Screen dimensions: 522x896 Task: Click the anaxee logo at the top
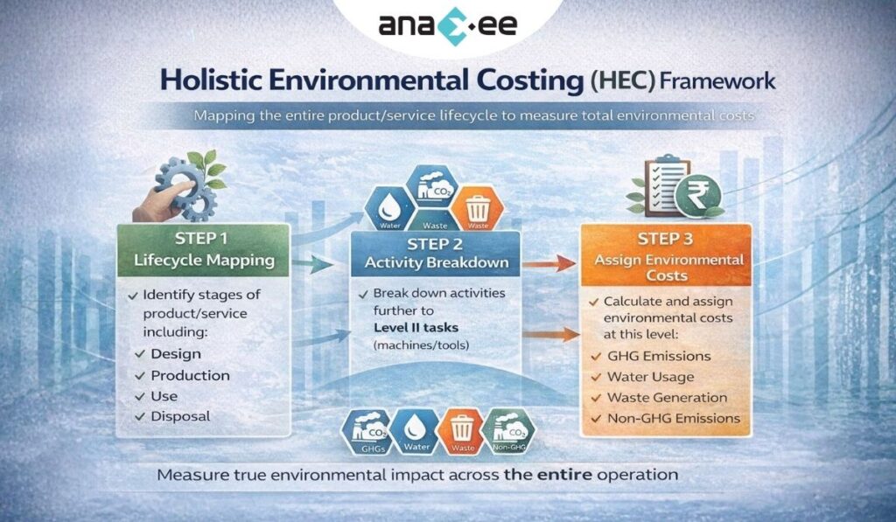[447, 24]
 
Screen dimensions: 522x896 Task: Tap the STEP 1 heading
[204, 239]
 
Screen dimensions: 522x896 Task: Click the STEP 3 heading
[665, 239]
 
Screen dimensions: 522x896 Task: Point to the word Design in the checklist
[176, 354]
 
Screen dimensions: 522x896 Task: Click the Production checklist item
[190, 375]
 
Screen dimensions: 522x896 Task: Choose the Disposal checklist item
[180, 416]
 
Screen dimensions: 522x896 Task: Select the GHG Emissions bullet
[659, 356]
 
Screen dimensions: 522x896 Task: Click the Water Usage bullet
[651, 377]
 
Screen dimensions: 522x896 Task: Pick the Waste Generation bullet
[668, 398]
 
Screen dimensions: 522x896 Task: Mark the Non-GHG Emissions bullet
[674, 419]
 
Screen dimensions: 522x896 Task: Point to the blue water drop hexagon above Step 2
[386, 208]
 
